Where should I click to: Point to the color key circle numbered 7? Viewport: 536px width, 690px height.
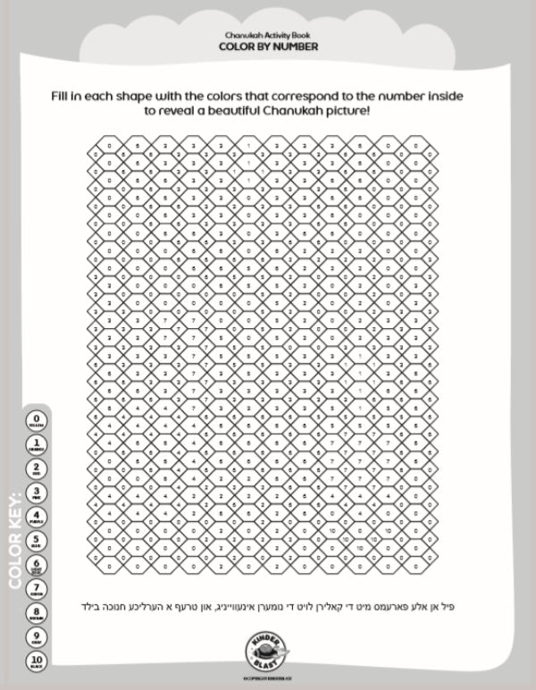[x=38, y=590]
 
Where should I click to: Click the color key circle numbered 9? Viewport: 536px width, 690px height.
[x=38, y=638]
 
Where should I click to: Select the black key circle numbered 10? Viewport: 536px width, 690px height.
[x=38, y=662]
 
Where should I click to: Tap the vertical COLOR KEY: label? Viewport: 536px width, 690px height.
[x=14, y=540]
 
